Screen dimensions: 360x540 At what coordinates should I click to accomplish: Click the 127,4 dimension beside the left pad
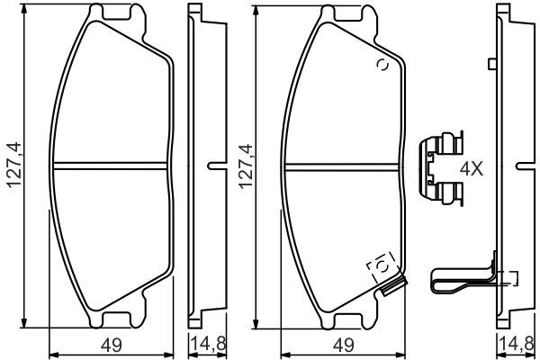pyautogui.click(x=13, y=166)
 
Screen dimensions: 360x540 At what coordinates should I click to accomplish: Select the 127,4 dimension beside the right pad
pyautogui.click(x=242, y=166)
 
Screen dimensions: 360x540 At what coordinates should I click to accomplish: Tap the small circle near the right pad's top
pyautogui.click(x=381, y=65)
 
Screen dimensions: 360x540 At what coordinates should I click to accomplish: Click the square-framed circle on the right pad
pyautogui.click(x=380, y=266)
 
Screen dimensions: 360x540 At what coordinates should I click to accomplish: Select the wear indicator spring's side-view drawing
pyautogui.click(x=463, y=279)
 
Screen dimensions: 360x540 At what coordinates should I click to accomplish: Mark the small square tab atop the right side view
pyautogui.click(x=491, y=63)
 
